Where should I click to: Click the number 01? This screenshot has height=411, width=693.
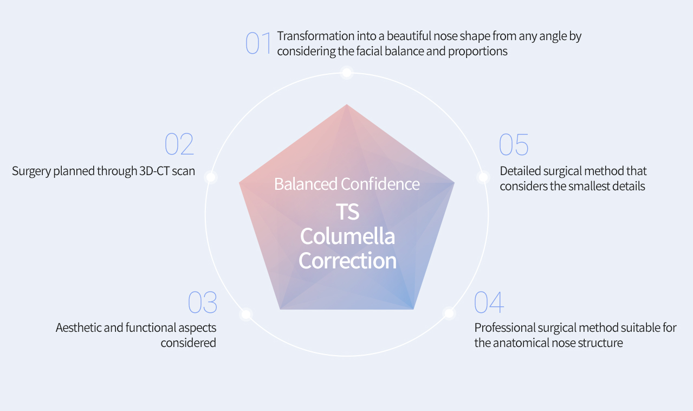click(258, 43)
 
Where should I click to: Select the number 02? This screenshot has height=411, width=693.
click(179, 144)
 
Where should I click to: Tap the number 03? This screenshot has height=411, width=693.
click(202, 302)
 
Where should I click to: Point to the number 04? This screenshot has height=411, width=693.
click(489, 302)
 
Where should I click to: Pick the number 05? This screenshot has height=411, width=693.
click(514, 144)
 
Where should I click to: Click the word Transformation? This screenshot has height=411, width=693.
click(315, 36)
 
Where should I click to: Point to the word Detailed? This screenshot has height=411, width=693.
click(520, 171)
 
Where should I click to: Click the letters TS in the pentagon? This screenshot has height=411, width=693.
click(347, 211)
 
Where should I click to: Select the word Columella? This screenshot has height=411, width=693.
click(347, 236)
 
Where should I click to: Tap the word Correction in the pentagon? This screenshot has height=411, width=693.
click(347, 261)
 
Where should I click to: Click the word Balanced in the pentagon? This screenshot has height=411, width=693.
click(306, 184)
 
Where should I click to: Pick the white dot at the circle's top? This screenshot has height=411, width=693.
click(347, 73)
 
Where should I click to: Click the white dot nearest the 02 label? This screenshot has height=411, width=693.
click(211, 177)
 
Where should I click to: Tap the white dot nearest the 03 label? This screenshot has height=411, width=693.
click(246, 314)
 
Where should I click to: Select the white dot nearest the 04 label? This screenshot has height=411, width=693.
click(449, 313)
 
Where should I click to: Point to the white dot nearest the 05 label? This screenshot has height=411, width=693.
click(483, 177)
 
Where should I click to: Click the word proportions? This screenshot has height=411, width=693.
click(478, 52)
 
